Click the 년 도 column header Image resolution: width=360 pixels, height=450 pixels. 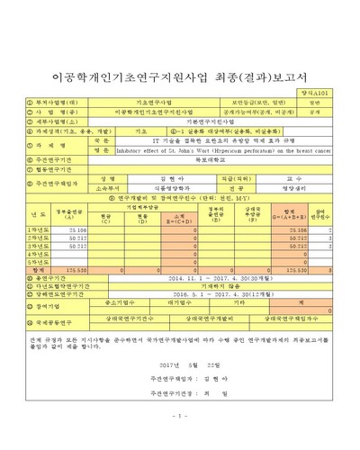pos(35,215)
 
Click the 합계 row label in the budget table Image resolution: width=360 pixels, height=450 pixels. pos(35,268)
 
